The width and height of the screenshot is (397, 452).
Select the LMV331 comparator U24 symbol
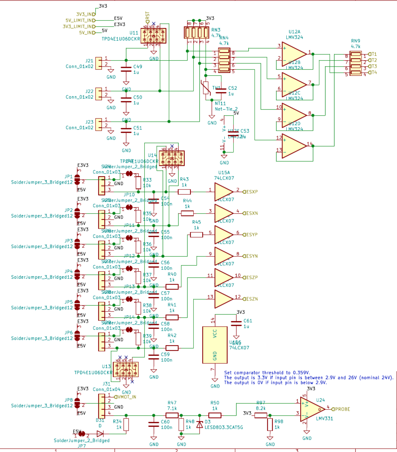(312, 409)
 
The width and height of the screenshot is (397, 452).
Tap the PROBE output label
(342, 409)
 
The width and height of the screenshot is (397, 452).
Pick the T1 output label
(374, 54)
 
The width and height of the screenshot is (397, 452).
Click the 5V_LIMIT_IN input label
(80, 20)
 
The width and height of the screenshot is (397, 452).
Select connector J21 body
(99, 63)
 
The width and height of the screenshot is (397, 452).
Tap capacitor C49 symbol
(126, 69)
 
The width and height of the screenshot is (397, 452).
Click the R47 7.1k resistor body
(172, 415)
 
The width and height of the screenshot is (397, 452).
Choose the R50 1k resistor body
(215, 415)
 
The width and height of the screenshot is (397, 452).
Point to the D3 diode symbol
(200, 424)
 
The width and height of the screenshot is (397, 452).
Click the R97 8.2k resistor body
(261, 415)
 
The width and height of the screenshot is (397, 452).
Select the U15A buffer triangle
(223, 192)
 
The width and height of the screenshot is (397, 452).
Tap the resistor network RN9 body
(356, 63)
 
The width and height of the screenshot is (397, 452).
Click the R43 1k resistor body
(184, 192)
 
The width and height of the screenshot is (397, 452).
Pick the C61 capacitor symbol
(236, 324)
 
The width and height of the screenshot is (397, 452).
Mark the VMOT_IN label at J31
(126, 397)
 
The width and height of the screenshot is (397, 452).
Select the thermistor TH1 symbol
(206, 87)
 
